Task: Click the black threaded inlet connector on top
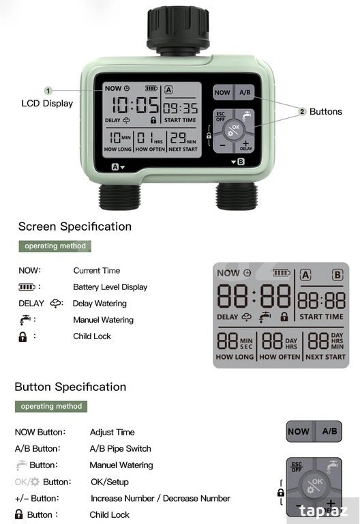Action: [178, 30]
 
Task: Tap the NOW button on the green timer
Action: [222, 92]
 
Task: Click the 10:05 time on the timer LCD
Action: [135, 105]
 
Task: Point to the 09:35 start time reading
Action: [180, 108]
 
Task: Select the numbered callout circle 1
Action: [48, 91]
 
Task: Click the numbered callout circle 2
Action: [302, 111]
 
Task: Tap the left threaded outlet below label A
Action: [119, 196]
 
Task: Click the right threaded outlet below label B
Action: [237, 196]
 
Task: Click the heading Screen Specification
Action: [75, 227]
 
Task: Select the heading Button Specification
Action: [70, 387]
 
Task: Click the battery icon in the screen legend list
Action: [27, 287]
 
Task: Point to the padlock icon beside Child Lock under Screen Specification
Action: [22, 336]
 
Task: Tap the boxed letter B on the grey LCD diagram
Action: [337, 275]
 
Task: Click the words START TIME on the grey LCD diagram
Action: [321, 317]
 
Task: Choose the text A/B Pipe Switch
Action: [120, 448]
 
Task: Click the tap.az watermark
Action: [323, 510]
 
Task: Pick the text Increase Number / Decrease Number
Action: [160, 498]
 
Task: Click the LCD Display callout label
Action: [47, 103]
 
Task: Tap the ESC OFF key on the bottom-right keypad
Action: [297, 467]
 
